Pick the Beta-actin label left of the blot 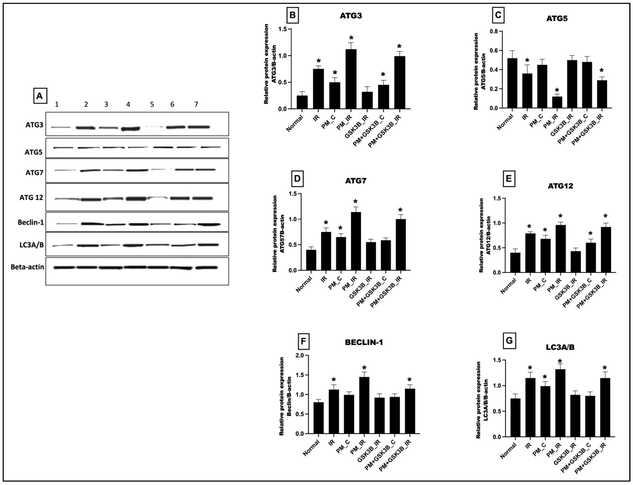click(x=27, y=267)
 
